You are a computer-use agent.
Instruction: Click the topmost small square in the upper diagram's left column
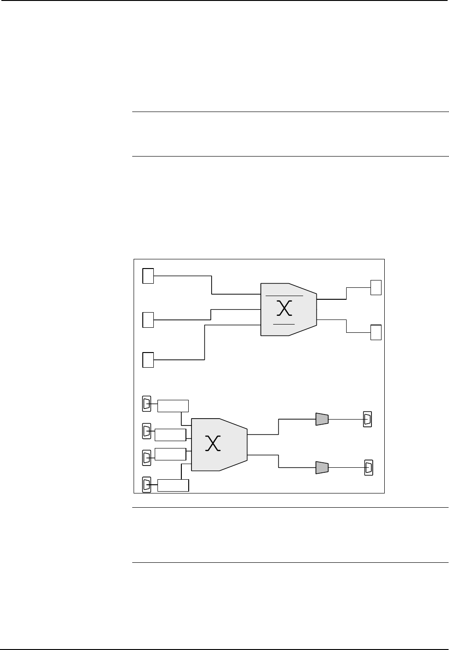(x=148, y=276)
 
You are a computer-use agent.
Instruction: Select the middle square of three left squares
(x=148, y=319)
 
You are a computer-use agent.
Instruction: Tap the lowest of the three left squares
(x=148, y=359)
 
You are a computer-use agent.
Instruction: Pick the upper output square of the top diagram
(x=376, y=287)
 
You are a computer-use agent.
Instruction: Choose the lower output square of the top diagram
(x=376, y=332)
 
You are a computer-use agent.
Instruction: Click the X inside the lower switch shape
(x=213, y=443)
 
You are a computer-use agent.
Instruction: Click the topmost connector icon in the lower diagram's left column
(x=146, y=404)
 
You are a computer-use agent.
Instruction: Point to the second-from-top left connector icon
(x=146, y=431)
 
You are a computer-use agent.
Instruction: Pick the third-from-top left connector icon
(x=146, y=457)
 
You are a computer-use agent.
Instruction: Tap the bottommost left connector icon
(x=146, y=485)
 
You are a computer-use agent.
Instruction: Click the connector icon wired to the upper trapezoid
(x=367, y=419)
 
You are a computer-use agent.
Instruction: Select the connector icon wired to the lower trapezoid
(x=368, y=468)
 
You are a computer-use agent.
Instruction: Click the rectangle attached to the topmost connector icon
(x=173, y=406)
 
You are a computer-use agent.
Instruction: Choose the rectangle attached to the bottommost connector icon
(x=173, y=485)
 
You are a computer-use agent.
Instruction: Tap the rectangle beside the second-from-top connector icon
(x=170, y=434)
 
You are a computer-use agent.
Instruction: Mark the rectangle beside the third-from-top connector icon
(x=170, y=454)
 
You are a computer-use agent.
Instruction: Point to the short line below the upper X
(x=283, y=324)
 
